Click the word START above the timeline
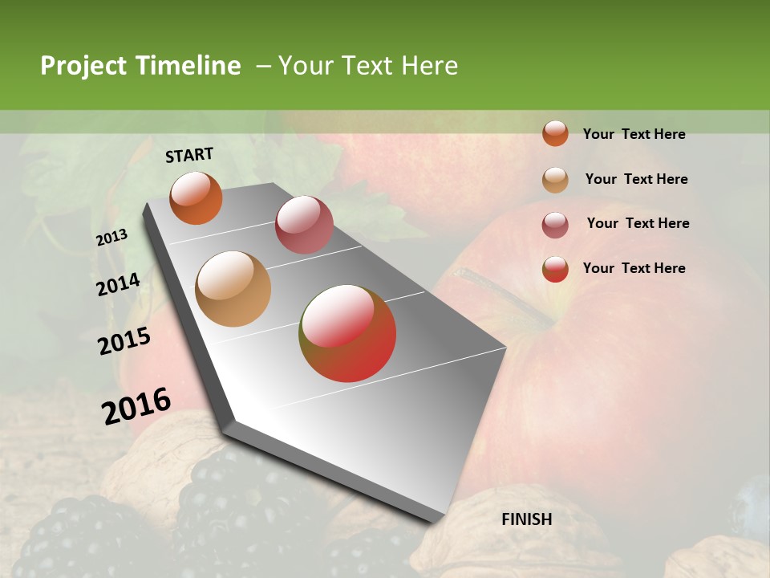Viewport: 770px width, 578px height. (x=189, y=155)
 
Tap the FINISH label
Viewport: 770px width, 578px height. (x=527, y=519)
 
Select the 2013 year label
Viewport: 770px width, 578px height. (x=111, y=238)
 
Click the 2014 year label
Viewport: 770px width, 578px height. (x=118, y=285)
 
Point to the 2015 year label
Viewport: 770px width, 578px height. (x=124, y=341)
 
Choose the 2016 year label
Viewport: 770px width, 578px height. (x=136, y=406)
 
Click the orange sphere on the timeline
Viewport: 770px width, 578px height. (x=196, y=197)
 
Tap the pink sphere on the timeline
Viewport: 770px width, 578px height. (x=304, y=225)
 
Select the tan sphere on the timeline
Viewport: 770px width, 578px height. (x=233, y=289)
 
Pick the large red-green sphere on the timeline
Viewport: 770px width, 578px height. (x=348, y=333)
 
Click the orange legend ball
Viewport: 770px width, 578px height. (x=555, y=133)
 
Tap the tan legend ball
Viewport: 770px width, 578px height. (x=555, y=180)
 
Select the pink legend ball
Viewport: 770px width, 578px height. (x=555, y=225)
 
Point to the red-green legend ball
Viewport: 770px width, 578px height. (x=555, y=269)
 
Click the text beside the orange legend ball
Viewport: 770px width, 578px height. (x=634, y=134)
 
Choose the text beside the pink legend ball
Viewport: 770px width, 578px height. (x=638, y=223)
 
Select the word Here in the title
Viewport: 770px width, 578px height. (x=429, y=66)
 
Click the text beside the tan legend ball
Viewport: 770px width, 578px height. (x=636, y=179)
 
